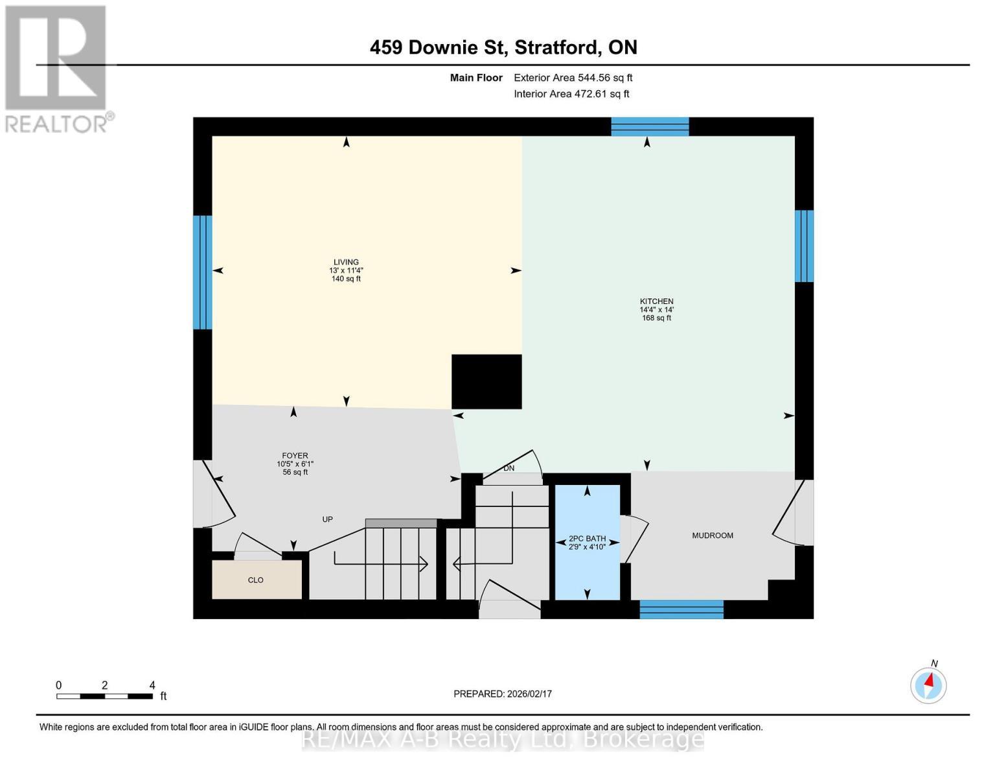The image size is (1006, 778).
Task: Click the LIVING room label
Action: (346, 263)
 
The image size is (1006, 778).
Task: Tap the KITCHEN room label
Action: (656, 301)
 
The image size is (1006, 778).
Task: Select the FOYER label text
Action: (295, 456)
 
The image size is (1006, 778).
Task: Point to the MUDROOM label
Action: (713, 536)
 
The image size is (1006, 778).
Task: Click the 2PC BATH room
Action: (587, 542)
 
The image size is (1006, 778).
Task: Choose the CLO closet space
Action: (256, 580)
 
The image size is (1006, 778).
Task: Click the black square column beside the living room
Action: (486, 381)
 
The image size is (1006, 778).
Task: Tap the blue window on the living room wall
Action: (202, 272)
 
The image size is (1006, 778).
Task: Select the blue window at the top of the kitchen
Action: (650, 126)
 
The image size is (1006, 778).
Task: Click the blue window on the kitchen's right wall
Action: (804, 246)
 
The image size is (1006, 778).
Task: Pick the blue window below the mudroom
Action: (681, 609)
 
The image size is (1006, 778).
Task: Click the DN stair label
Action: (509, 468)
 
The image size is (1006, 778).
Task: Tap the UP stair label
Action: (328, 519)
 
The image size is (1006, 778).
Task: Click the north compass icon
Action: (928, 685)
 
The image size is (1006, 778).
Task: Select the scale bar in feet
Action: (104, 696)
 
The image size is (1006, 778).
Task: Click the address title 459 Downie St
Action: (503, 47)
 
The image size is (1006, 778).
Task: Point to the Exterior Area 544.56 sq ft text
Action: (573, 78)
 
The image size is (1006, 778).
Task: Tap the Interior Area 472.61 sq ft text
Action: (571, 94)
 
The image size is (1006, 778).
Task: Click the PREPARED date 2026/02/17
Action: (503, 694)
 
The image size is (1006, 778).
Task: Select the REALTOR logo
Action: (57, 68)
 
